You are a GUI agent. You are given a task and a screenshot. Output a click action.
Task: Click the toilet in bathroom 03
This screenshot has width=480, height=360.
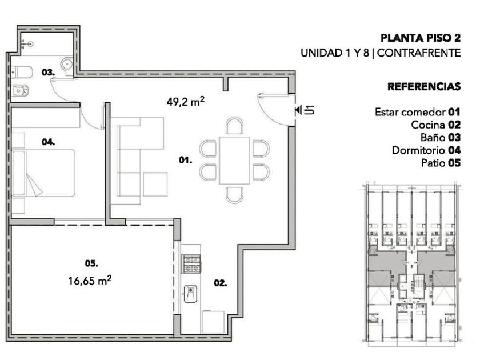point(22,73)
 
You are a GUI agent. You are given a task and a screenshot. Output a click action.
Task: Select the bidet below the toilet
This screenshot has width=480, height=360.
point(21,91)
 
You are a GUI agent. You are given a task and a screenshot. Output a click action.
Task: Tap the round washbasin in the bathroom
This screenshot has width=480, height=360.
point(66,64)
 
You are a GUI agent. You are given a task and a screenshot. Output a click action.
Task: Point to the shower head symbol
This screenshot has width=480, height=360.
point(27,44)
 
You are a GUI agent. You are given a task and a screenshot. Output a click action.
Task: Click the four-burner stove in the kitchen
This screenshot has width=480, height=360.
point(191,264)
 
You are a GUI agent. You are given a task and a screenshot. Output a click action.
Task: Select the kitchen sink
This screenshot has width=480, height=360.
point(190,294)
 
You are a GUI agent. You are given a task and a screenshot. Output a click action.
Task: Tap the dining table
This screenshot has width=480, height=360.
point(234,161)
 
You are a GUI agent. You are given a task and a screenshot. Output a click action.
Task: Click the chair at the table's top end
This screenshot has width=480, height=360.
point(235,126)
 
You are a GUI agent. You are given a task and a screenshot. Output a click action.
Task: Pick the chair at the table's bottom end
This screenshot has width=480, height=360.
point(235,195)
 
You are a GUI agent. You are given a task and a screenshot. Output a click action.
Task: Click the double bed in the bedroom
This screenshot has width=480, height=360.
point(43,173)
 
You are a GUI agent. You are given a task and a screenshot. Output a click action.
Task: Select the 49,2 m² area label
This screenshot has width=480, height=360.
point(186,101)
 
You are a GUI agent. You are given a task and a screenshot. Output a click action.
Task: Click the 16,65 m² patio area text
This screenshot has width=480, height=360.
point(90,280)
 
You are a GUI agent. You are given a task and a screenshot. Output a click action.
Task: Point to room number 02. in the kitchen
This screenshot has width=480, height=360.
point(221,283)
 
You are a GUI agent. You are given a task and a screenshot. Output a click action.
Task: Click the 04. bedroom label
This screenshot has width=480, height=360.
point(49,142)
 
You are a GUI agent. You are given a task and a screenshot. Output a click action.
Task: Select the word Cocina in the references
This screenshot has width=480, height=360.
point(427,125)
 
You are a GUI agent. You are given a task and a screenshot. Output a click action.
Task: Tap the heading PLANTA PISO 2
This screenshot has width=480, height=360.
point(421,38)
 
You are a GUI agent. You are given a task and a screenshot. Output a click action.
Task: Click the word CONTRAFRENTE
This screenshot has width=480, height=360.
point(419,53)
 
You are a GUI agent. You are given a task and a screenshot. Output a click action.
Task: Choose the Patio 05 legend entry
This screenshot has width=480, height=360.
point(441,163)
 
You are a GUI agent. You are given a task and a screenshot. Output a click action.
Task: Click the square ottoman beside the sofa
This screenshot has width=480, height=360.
point(155,184)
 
